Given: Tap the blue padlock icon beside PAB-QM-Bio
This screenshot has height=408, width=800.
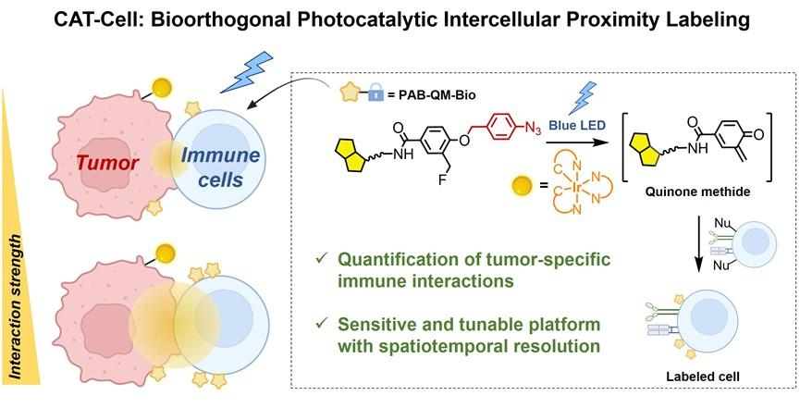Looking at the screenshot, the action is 375,94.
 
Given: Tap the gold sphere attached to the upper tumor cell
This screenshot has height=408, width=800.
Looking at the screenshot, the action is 161,87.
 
